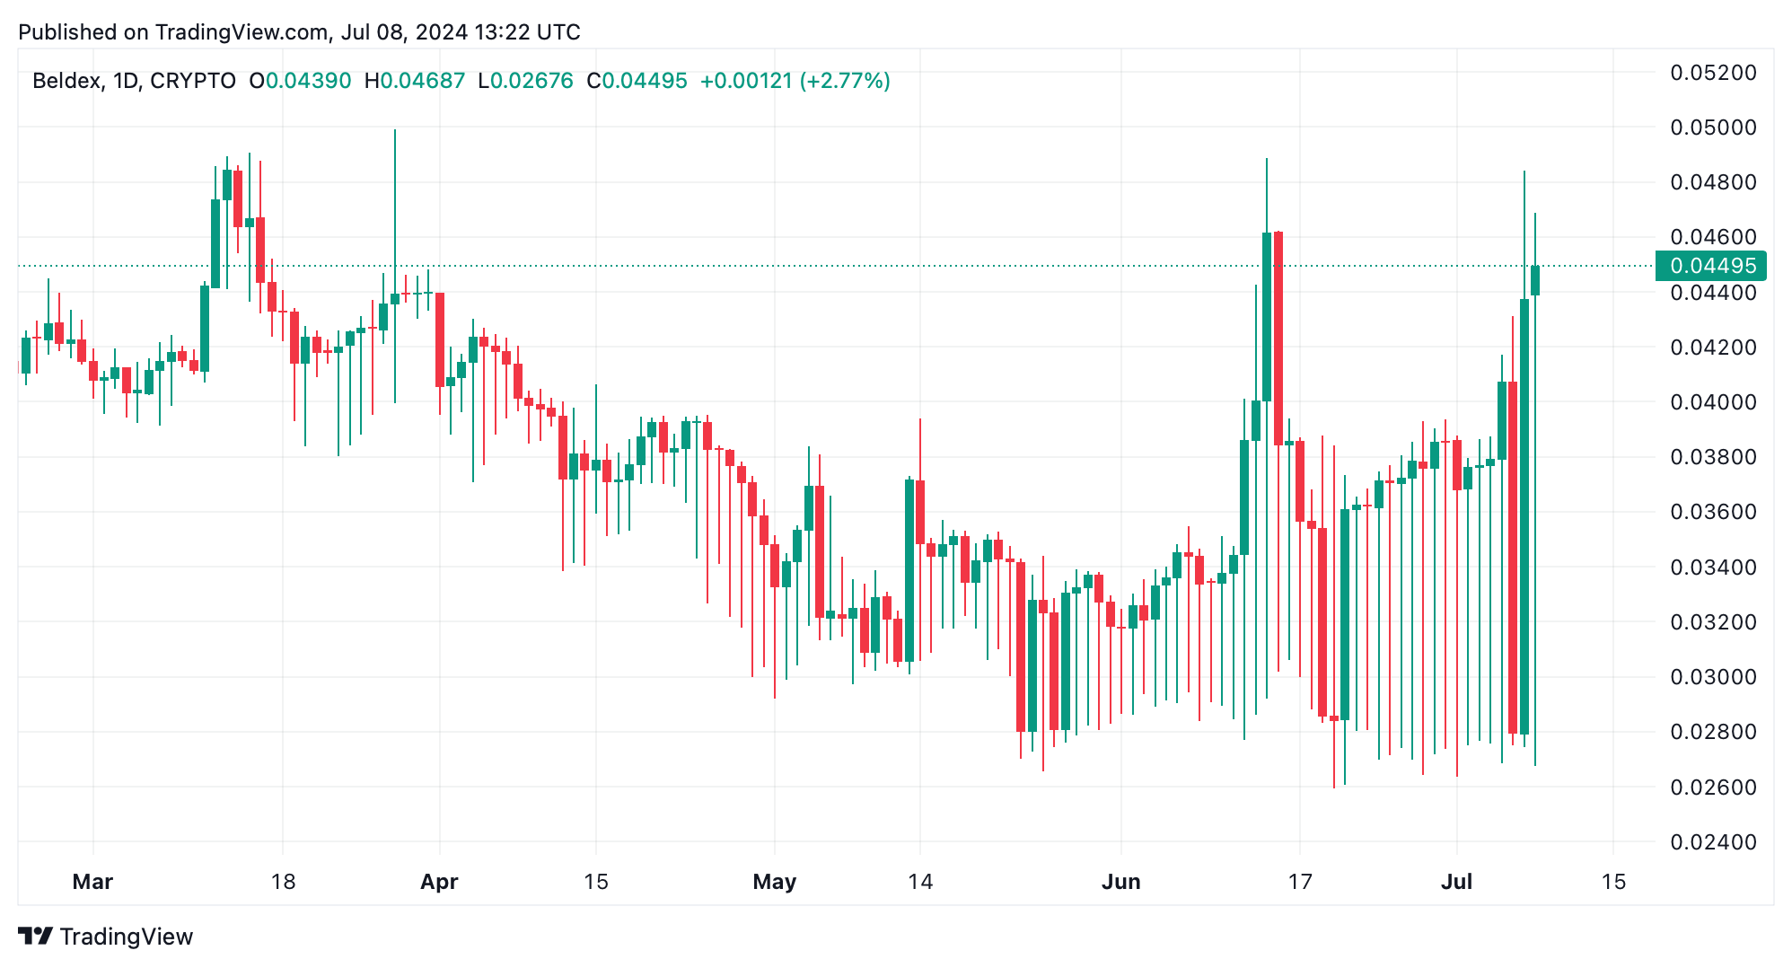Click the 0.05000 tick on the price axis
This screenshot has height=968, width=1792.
coord(1712,128)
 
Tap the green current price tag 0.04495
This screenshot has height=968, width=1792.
coord(1711,266)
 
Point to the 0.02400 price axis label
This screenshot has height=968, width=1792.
coord(1712,842)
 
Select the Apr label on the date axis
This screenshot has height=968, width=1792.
coord(439,882)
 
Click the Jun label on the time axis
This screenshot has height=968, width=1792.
coord(1120,882)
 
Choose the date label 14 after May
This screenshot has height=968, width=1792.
coord(919,882)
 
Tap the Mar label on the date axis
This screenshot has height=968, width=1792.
coord(92,882)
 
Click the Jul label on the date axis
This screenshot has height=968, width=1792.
coord(1456,882)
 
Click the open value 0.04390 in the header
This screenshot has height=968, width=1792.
coord(308,81)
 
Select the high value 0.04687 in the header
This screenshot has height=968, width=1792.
coord(422,81)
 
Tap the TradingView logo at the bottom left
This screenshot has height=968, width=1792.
coord(105,937)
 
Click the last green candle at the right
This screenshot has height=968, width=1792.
coord(1535,280)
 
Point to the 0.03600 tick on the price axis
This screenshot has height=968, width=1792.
coord(1712,512)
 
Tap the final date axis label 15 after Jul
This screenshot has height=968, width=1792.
coord(1613,882)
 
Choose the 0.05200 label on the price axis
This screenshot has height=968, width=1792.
coord(1712,73)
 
